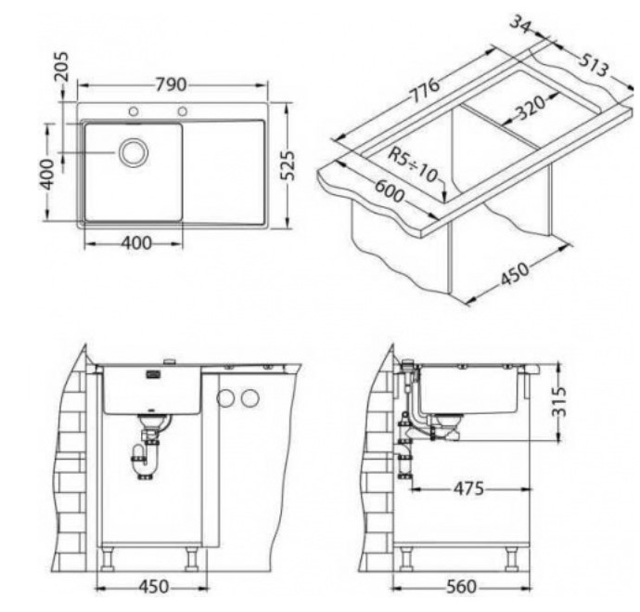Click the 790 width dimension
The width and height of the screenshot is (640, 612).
171,85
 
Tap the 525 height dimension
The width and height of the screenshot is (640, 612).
288,165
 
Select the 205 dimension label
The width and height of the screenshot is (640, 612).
62,66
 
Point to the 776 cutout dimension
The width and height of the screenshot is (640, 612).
426,91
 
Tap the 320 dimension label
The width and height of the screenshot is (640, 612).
531,108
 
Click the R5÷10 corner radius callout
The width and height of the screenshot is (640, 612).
413,164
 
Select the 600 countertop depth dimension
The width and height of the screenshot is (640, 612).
390,190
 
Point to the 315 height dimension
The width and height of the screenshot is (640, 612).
559,401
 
